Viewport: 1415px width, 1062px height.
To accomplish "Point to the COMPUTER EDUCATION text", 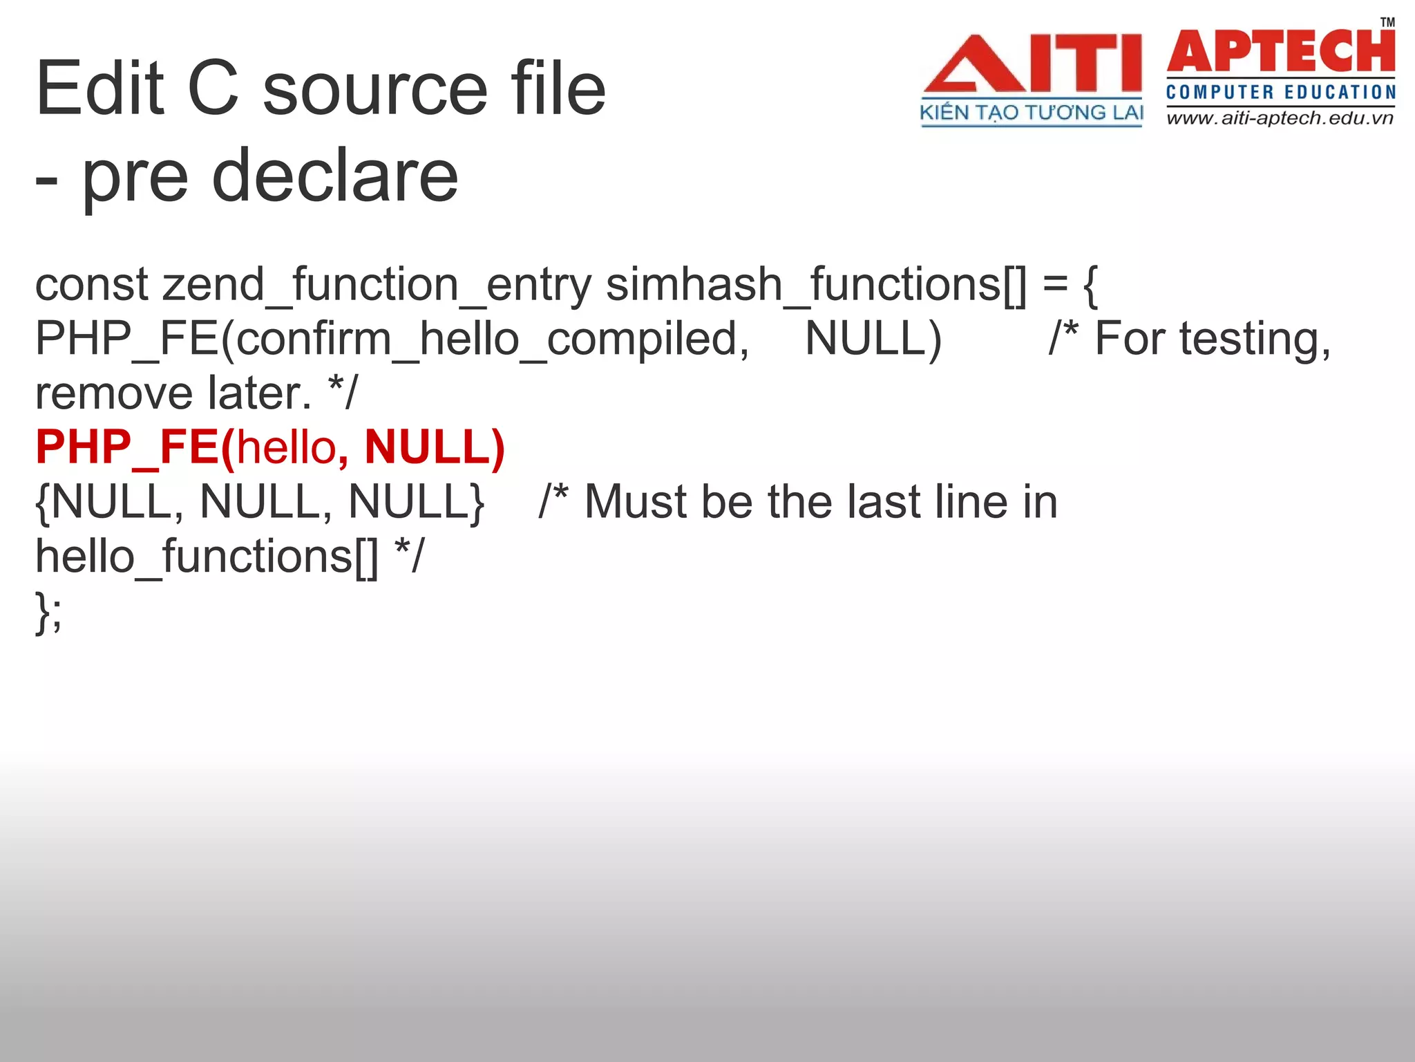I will coord(1280,92).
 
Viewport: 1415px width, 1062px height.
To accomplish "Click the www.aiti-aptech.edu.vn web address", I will coord(1280,118).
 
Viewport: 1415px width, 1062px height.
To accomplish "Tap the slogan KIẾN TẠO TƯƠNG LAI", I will coord(1032,113).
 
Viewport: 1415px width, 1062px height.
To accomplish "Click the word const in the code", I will coord(92,285).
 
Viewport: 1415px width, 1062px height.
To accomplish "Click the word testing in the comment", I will coord(1254,339).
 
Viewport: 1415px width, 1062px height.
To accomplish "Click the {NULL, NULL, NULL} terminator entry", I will coord(260,501).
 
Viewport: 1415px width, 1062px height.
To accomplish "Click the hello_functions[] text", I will coord(207,556).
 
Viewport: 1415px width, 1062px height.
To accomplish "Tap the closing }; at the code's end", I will coord(48,611).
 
